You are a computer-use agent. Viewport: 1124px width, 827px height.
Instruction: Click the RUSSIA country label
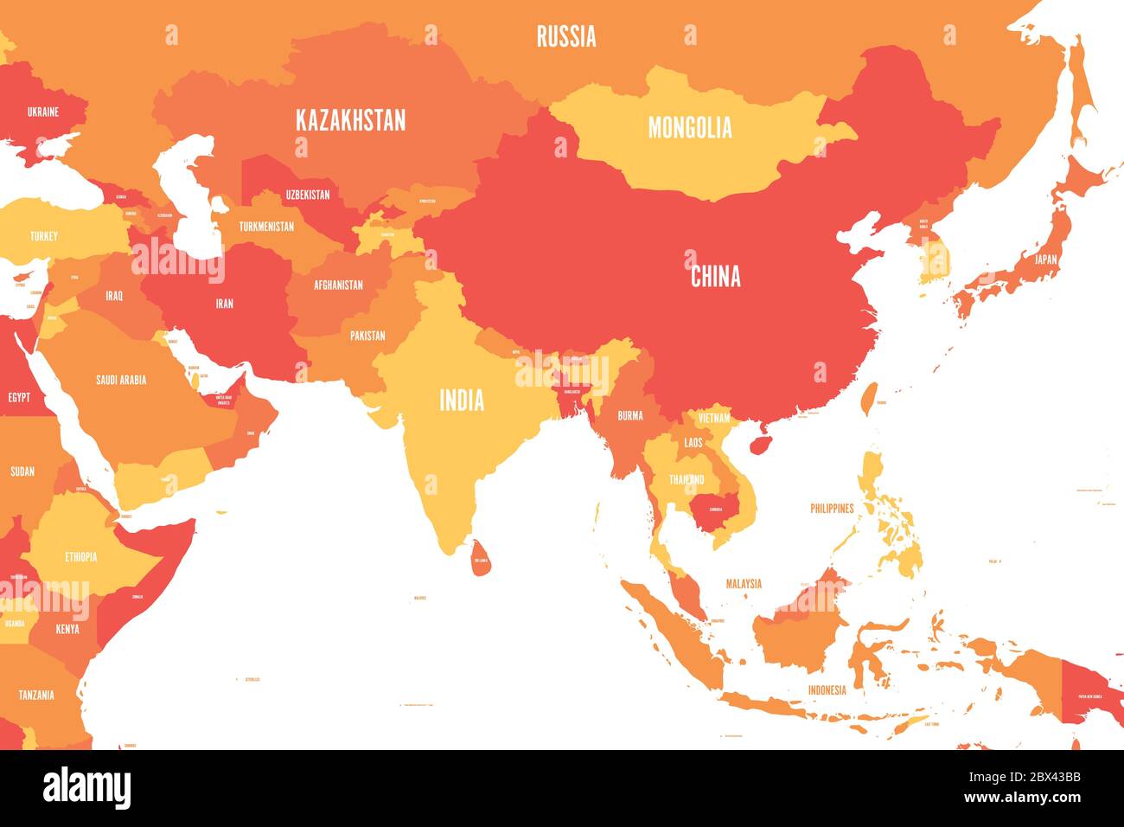[x=566, y=36]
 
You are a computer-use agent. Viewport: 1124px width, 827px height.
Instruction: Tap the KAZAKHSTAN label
[x=350, y=120]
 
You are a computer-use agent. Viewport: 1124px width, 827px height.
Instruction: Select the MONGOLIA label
[x=690, y=128]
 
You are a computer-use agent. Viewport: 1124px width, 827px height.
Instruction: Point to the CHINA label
[x=715, y=277]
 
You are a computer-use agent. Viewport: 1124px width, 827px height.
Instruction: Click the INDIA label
[x=462, y=401]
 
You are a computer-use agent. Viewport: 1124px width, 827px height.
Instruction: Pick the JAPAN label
[x=1045, y=259]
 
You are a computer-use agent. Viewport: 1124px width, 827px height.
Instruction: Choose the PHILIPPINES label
[x=832, y=509]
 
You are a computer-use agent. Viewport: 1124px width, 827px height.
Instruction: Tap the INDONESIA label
[x=827, y=689]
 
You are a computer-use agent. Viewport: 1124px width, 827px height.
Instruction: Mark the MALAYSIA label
[x=744, y=584]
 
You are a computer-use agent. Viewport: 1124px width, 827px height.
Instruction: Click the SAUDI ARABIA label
[x=121, y=380]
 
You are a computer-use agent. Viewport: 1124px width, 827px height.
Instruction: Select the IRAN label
[x=224, y=304]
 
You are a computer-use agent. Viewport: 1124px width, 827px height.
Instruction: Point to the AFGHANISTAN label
[x=338, y=285]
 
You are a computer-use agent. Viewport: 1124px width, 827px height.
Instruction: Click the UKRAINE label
[x=43, y=112]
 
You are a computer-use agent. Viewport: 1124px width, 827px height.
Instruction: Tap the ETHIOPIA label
[x=81, y=557]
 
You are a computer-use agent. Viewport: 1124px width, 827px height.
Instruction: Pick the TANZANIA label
[x=36, y=695]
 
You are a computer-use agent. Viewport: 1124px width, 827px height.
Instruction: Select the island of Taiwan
[x=871, y=399]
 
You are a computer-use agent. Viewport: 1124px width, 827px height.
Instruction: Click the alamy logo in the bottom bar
[x=86, y=788]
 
